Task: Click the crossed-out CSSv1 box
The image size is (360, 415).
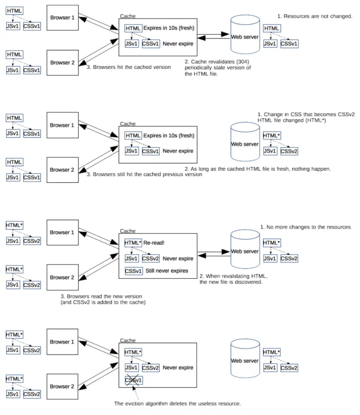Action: pos(134,380)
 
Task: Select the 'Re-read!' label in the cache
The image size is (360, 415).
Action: pos(154,243)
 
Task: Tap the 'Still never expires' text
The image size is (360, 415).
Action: pos(167,271)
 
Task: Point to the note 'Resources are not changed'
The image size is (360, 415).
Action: pos(315,16)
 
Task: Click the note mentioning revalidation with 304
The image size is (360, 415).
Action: pos(218,68)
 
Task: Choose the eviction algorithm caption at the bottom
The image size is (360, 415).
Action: pos(177,404)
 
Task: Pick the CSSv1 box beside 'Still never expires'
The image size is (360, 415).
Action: pos(134,271)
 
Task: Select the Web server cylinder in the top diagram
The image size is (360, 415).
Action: pos(245,34)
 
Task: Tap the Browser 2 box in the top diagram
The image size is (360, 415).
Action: pos(62,63)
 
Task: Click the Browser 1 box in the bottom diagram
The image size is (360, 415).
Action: pos(62,342)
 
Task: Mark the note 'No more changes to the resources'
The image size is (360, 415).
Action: pos(305,227)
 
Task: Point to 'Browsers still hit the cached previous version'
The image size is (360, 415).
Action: pos(145,174)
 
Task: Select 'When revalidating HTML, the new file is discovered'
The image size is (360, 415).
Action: pos(234,279)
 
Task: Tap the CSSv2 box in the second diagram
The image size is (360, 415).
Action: pos(289,151)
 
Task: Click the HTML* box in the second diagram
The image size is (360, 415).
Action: pos(272,135)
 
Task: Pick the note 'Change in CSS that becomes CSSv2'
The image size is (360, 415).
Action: pos(306,114)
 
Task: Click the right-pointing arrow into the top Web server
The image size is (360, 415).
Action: pos(213,34)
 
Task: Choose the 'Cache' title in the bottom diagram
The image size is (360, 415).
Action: pos(128,340)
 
